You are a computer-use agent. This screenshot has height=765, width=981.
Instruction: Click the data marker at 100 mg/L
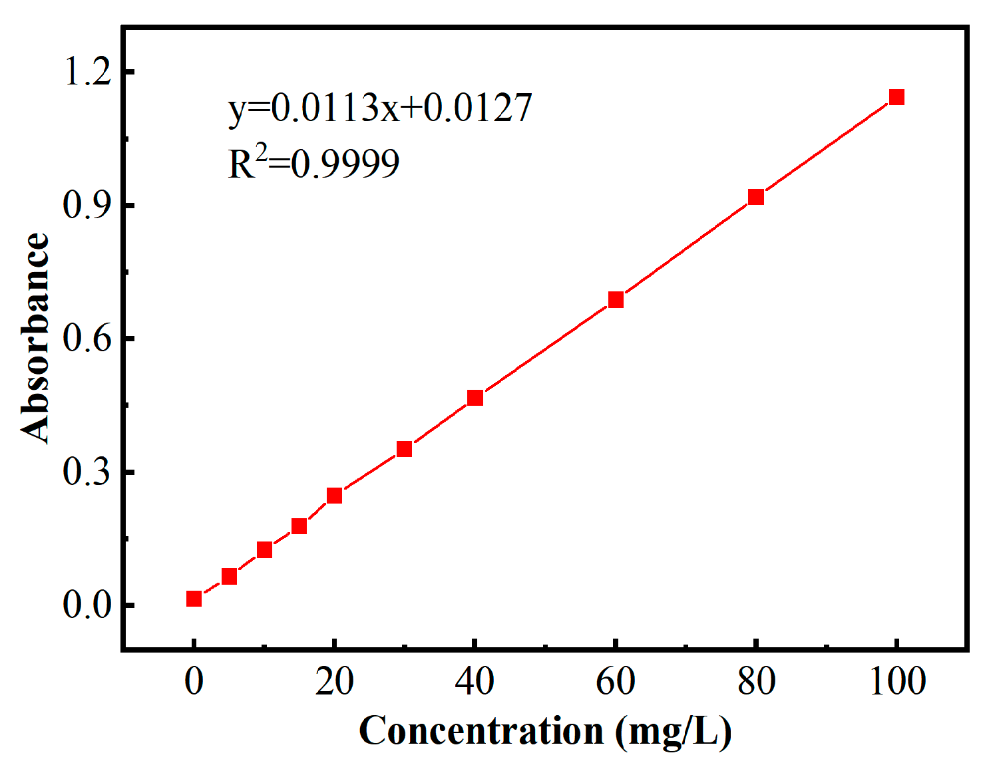tap(896, 97)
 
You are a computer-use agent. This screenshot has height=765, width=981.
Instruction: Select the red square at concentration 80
tap(755, 197)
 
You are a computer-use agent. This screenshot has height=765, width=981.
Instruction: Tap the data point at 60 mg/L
tap(616, 300)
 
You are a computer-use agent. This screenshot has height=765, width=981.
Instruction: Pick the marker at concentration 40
tap(475, 398)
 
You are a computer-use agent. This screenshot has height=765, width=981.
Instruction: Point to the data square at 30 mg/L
tap(404, 449)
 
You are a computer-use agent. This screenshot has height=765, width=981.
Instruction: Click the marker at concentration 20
tap(334, 496)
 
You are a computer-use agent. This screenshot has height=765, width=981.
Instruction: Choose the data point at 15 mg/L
tap(299, 526)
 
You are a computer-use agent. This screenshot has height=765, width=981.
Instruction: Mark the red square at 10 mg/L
tap(264, 549)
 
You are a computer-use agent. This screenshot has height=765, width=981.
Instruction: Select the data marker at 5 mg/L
tap(229, 576)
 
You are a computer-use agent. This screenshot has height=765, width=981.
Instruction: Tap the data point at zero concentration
tap(194, 599)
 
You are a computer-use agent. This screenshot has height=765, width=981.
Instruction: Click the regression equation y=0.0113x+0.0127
tap(379, 108)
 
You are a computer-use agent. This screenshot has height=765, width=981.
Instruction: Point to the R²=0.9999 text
tap(313, 164)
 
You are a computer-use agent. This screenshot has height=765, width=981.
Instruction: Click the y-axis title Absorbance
tap(35, 337)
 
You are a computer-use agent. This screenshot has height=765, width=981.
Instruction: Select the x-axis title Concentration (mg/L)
tap(544, 731)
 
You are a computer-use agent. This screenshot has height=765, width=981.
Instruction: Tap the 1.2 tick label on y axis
tap(87, 72)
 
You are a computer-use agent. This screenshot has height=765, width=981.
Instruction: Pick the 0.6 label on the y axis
tap(87, 339)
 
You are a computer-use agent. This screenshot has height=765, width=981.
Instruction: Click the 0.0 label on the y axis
tap(87, 605)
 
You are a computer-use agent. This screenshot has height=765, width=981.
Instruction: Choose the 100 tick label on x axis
tap(897, 681)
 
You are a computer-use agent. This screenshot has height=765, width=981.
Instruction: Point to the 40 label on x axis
tap(475, 681)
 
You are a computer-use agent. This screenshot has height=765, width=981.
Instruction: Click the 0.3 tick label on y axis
tap(87, 472)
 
